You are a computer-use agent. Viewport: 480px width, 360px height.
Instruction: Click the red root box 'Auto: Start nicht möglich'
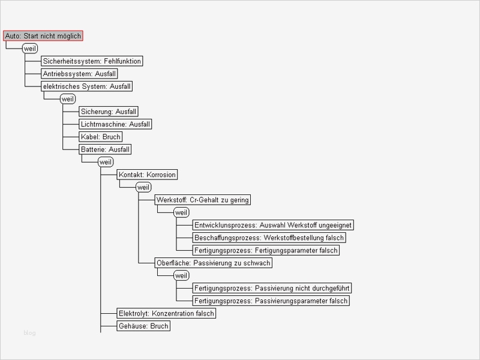point(43,36)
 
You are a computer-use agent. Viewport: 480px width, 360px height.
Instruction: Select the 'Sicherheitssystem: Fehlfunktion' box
point(92,61)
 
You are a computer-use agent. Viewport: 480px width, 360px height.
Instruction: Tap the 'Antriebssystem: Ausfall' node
point(79,74)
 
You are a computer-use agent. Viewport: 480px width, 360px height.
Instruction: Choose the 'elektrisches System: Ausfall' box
point(86,86)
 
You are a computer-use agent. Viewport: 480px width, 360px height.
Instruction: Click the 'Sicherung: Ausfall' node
point(109,112)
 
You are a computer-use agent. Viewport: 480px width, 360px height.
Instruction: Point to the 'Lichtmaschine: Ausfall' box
point(115,124)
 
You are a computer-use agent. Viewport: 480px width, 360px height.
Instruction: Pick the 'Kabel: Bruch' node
point(100,137)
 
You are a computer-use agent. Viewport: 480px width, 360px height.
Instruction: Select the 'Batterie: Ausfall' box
point(105,149)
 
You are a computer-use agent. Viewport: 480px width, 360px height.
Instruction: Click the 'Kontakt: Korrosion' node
point(147,175)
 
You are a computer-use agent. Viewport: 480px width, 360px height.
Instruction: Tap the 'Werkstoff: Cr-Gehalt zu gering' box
point(202,200)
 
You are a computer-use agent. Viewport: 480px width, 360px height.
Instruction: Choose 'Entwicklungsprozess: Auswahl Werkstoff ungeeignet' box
point(273,225)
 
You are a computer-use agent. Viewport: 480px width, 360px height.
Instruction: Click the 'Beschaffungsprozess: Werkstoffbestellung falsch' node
point(269,238)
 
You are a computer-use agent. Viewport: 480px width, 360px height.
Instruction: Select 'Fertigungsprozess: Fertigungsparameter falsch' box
point(266,250)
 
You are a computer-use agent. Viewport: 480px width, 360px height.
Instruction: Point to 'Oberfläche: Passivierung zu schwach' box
point(213,263)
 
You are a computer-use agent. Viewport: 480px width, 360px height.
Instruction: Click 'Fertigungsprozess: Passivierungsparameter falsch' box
point(271,301)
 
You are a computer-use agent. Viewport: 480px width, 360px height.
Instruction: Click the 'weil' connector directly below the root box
point(30,49)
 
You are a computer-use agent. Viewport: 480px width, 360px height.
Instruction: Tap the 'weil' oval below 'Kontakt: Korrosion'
point(143,187)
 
